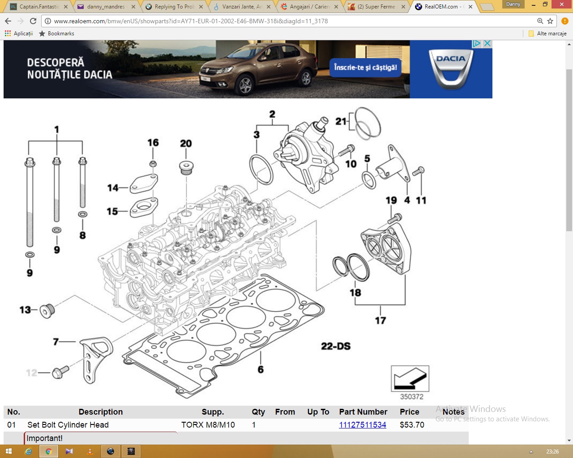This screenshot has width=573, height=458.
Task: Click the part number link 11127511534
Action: point(363,425)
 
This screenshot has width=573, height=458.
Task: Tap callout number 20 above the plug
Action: point(186,144)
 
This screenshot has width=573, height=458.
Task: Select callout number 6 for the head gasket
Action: point(261,369)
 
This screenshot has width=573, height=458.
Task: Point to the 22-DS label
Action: point(336,346)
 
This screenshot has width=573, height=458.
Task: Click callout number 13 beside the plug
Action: point(25,310)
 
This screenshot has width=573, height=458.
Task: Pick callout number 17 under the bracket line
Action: point(381,320)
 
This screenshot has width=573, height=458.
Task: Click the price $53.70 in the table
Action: point(412,425)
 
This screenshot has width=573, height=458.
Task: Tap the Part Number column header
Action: point(363,412)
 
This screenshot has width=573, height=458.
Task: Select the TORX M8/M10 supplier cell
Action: point(208,425)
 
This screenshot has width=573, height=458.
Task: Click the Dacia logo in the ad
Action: point(451,69)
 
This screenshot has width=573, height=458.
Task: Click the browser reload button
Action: point(33,21)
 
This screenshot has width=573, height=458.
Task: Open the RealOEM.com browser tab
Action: point(441,7)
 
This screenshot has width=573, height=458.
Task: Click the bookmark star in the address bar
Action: point(550,21)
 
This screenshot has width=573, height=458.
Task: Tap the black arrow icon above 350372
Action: point(410,379)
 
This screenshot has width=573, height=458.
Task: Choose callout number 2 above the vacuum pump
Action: point(272,114)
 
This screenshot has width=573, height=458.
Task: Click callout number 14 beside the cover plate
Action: point(113,188)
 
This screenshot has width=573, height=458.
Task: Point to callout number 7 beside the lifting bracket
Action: point(56,342)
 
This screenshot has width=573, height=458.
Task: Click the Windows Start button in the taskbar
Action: point(8,451)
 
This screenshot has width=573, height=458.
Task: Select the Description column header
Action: point(101,412)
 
